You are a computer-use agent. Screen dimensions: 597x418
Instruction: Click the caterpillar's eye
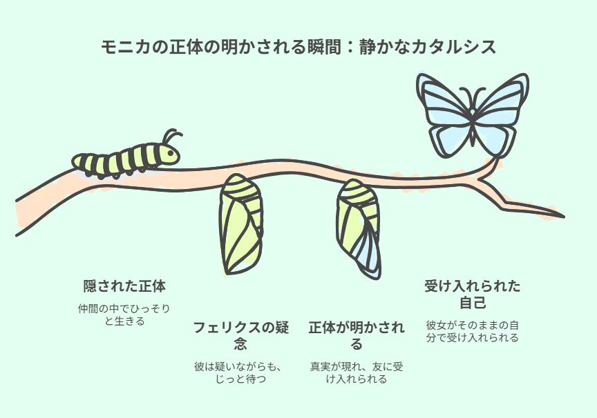[171, 154]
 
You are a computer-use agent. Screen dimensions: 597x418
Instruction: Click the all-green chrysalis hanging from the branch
[240, 224]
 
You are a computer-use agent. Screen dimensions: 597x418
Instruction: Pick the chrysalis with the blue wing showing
[358, 229]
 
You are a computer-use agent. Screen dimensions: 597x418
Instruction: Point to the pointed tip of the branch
[564, 217]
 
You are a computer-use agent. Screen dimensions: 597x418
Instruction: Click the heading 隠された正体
[124, 286]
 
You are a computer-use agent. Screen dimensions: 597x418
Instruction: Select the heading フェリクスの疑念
[240, 335]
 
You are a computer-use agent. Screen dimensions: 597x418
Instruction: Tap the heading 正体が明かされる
[357, 335]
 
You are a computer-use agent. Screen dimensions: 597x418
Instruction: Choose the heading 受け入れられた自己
[473, 295]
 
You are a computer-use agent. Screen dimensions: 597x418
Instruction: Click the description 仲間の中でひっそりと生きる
[124, 315]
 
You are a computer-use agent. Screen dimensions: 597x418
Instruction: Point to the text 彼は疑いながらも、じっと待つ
[240, 372]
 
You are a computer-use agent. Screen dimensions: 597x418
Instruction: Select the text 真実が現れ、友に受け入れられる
[357, 372]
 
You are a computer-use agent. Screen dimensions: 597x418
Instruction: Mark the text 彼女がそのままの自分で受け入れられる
[473, 331]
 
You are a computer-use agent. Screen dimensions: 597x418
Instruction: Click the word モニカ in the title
[126, 47]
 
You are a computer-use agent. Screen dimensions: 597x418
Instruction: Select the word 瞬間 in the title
[323, 47]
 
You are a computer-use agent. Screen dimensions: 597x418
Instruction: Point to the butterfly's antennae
[473, 97]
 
